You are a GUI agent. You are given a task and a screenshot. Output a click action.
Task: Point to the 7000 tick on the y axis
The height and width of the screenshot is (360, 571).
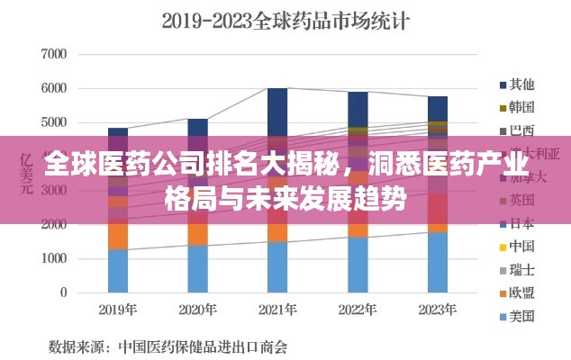click(54, 54)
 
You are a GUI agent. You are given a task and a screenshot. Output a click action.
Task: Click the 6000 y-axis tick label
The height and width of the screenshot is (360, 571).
click(54, 88)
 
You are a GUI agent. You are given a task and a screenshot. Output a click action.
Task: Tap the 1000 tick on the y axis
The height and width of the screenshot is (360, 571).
click(54, 258)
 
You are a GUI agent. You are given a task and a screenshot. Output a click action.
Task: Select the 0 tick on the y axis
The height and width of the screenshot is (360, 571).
click(63, 292)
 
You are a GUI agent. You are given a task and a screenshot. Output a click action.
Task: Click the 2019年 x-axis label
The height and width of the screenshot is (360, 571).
click(118, 310)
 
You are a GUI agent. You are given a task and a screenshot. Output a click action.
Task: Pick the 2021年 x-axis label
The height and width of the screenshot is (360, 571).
click(277, 310)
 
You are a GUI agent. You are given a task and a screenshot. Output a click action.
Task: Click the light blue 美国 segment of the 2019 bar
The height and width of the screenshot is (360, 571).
click(118, 271)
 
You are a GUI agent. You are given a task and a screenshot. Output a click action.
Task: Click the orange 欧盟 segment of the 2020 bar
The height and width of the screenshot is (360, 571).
click(198, 232)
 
